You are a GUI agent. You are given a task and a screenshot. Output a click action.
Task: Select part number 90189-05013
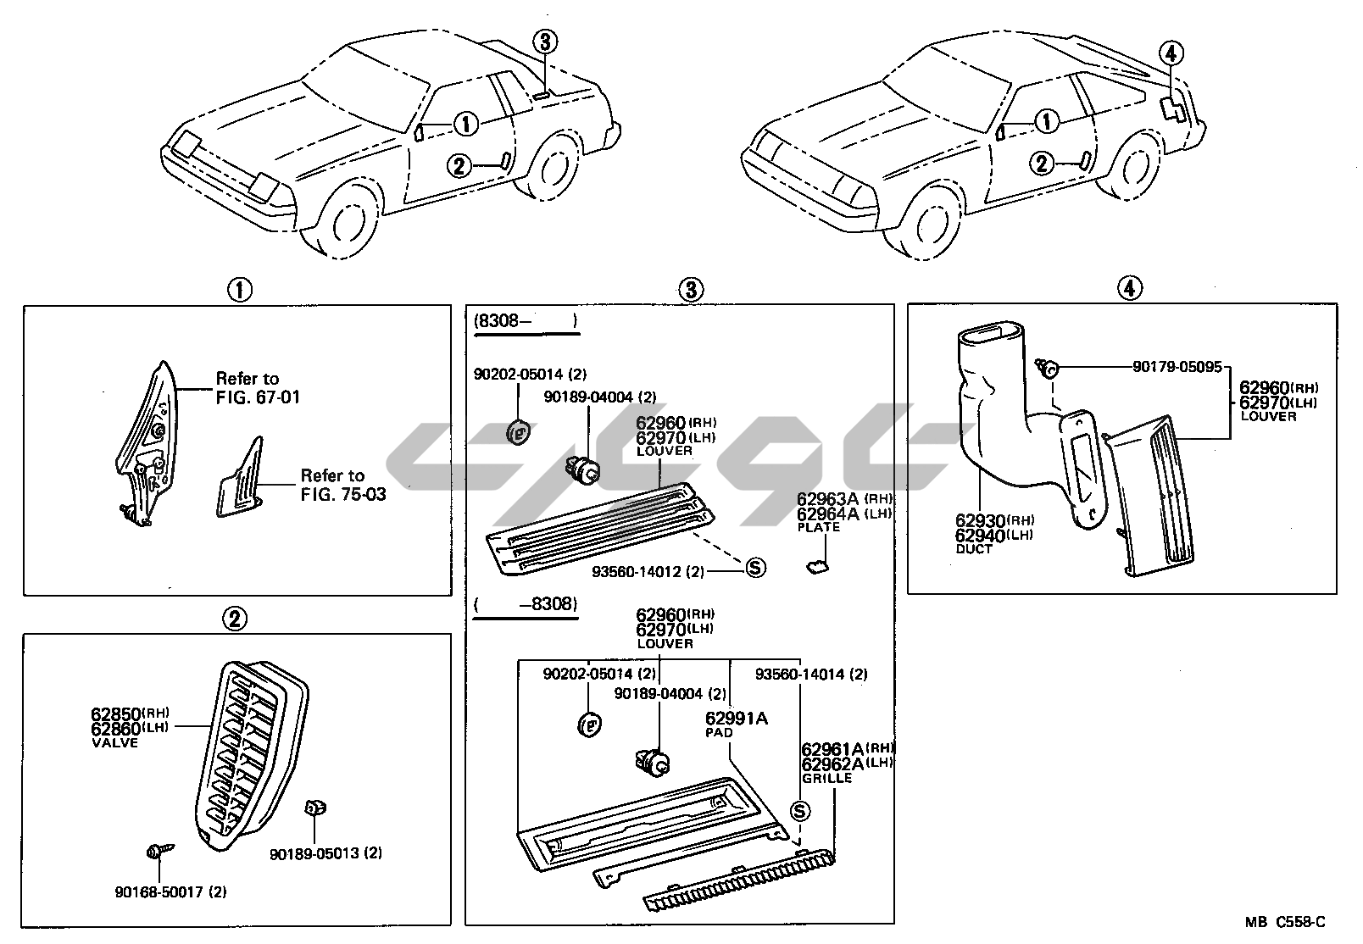(x=315, y=853)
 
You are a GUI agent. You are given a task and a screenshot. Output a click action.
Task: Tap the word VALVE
(x=114, y=742)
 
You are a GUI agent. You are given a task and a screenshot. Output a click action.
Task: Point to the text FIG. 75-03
(x=343, y=493)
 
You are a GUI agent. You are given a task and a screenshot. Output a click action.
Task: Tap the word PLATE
(x=819, y=527)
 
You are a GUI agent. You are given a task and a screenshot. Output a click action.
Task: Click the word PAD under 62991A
(x=719, y=733)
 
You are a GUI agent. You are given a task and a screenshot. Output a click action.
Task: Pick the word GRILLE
(x=826, y=777)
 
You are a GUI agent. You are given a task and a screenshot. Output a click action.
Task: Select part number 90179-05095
(x=1177, y=367)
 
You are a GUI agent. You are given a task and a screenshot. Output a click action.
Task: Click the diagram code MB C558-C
(x=1285, y=922)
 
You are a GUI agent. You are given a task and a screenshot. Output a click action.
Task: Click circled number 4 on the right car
(x=1171, y=54)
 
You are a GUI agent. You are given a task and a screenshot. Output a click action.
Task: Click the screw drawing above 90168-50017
(x=158, y=850)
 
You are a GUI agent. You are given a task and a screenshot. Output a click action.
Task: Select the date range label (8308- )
(x=526, y=321)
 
